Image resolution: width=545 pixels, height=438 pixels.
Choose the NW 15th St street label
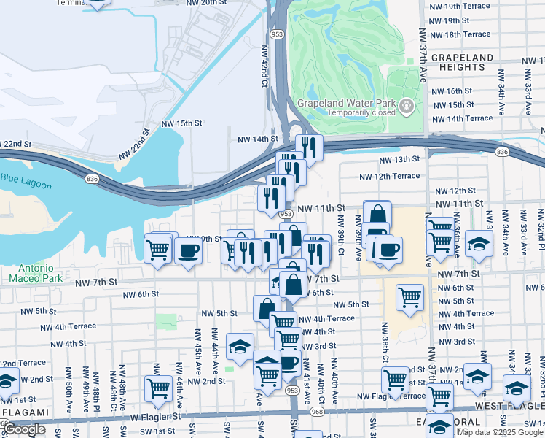[x=181, y=123]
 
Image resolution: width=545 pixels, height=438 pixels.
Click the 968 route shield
[x=316, y=412]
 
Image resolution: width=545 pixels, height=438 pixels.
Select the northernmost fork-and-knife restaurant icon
[x=309, y=147]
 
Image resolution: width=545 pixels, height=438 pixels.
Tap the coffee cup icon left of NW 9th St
[x=188, y=252]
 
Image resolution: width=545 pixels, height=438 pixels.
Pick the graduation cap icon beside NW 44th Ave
[x=240, y=347]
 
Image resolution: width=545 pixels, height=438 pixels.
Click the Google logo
[x=25, y=429]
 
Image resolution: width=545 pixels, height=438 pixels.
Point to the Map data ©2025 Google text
[x=500, y=432]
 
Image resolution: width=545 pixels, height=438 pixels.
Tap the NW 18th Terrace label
[x=460, y=34]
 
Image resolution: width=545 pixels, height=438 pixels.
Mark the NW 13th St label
[x=399, y=159]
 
